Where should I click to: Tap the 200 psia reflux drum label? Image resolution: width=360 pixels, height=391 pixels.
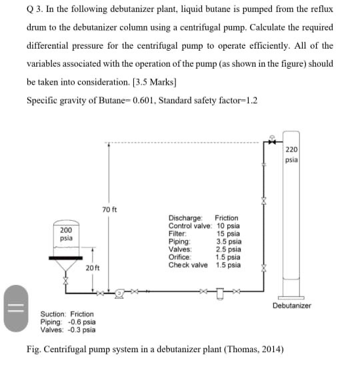[x=65, y=234]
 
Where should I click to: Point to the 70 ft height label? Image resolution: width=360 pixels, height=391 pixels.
[x=110, y=210]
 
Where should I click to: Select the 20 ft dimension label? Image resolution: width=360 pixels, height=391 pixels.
[x=93, y=268]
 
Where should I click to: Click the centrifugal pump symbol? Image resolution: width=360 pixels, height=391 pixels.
[x=120, y=292]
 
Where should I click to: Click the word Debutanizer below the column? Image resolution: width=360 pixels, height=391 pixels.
[x=291, y=306]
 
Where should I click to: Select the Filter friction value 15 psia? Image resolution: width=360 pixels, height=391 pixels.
[x=228, y=234]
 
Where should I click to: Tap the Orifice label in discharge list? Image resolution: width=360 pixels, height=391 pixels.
[x=180, y=258]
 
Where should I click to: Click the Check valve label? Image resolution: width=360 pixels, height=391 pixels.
[x=188, y=265]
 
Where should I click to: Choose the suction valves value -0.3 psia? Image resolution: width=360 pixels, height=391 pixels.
[x=81, y=329]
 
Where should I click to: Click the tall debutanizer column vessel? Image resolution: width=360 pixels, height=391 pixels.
[x=291, y=214]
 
